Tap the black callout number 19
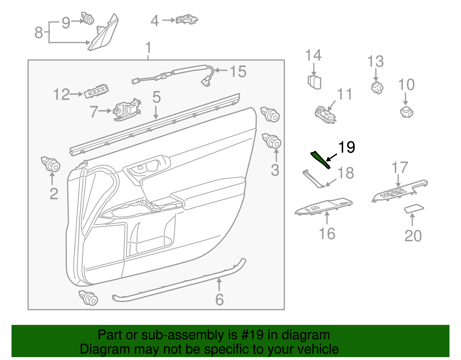pos(347,147)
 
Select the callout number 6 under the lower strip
pos(220,300)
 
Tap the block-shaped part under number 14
pos(315,82)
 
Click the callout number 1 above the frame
pos(148,48)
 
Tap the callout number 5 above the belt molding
pos(156,97)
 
